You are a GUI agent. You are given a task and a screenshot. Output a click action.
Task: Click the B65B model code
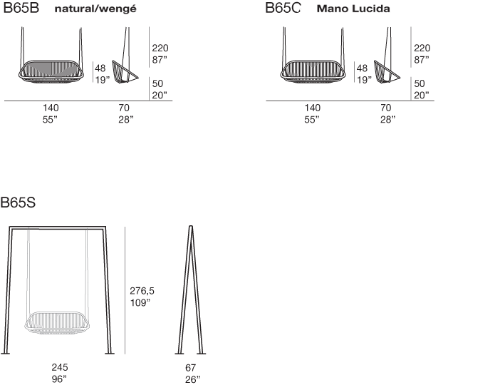[21, 8]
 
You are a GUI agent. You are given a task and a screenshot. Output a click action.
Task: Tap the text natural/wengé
[95, 9]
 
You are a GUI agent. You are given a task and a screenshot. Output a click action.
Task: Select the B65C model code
[283, 8]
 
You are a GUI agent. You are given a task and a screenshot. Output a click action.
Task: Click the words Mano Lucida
[353, 9]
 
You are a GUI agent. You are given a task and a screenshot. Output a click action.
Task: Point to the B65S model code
[18, 202]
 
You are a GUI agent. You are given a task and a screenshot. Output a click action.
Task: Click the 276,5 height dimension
[142, 291]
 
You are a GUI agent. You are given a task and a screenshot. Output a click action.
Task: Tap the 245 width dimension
[60, 367]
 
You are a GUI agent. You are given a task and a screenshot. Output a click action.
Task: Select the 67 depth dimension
[190, 367]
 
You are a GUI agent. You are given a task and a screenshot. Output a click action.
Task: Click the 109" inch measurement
[140, 302]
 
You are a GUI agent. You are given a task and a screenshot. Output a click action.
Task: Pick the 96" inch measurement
[59, 379]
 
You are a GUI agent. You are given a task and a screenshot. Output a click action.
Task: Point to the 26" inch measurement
[192, 379]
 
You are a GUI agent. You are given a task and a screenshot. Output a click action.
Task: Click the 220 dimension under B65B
[160, 48]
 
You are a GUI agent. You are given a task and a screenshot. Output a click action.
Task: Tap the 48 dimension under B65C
[362, 68]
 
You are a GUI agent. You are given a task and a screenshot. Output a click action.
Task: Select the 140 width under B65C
[313, 108]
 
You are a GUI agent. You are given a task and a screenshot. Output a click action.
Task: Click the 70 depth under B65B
[124, 108]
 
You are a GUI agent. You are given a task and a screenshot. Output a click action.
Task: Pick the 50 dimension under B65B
[157, 83]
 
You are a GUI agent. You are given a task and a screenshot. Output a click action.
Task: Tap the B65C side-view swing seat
[387, 72]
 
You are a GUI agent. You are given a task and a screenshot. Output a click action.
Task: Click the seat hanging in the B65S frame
[57, 322]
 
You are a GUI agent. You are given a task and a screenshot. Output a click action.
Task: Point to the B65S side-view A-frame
[190, 290]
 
